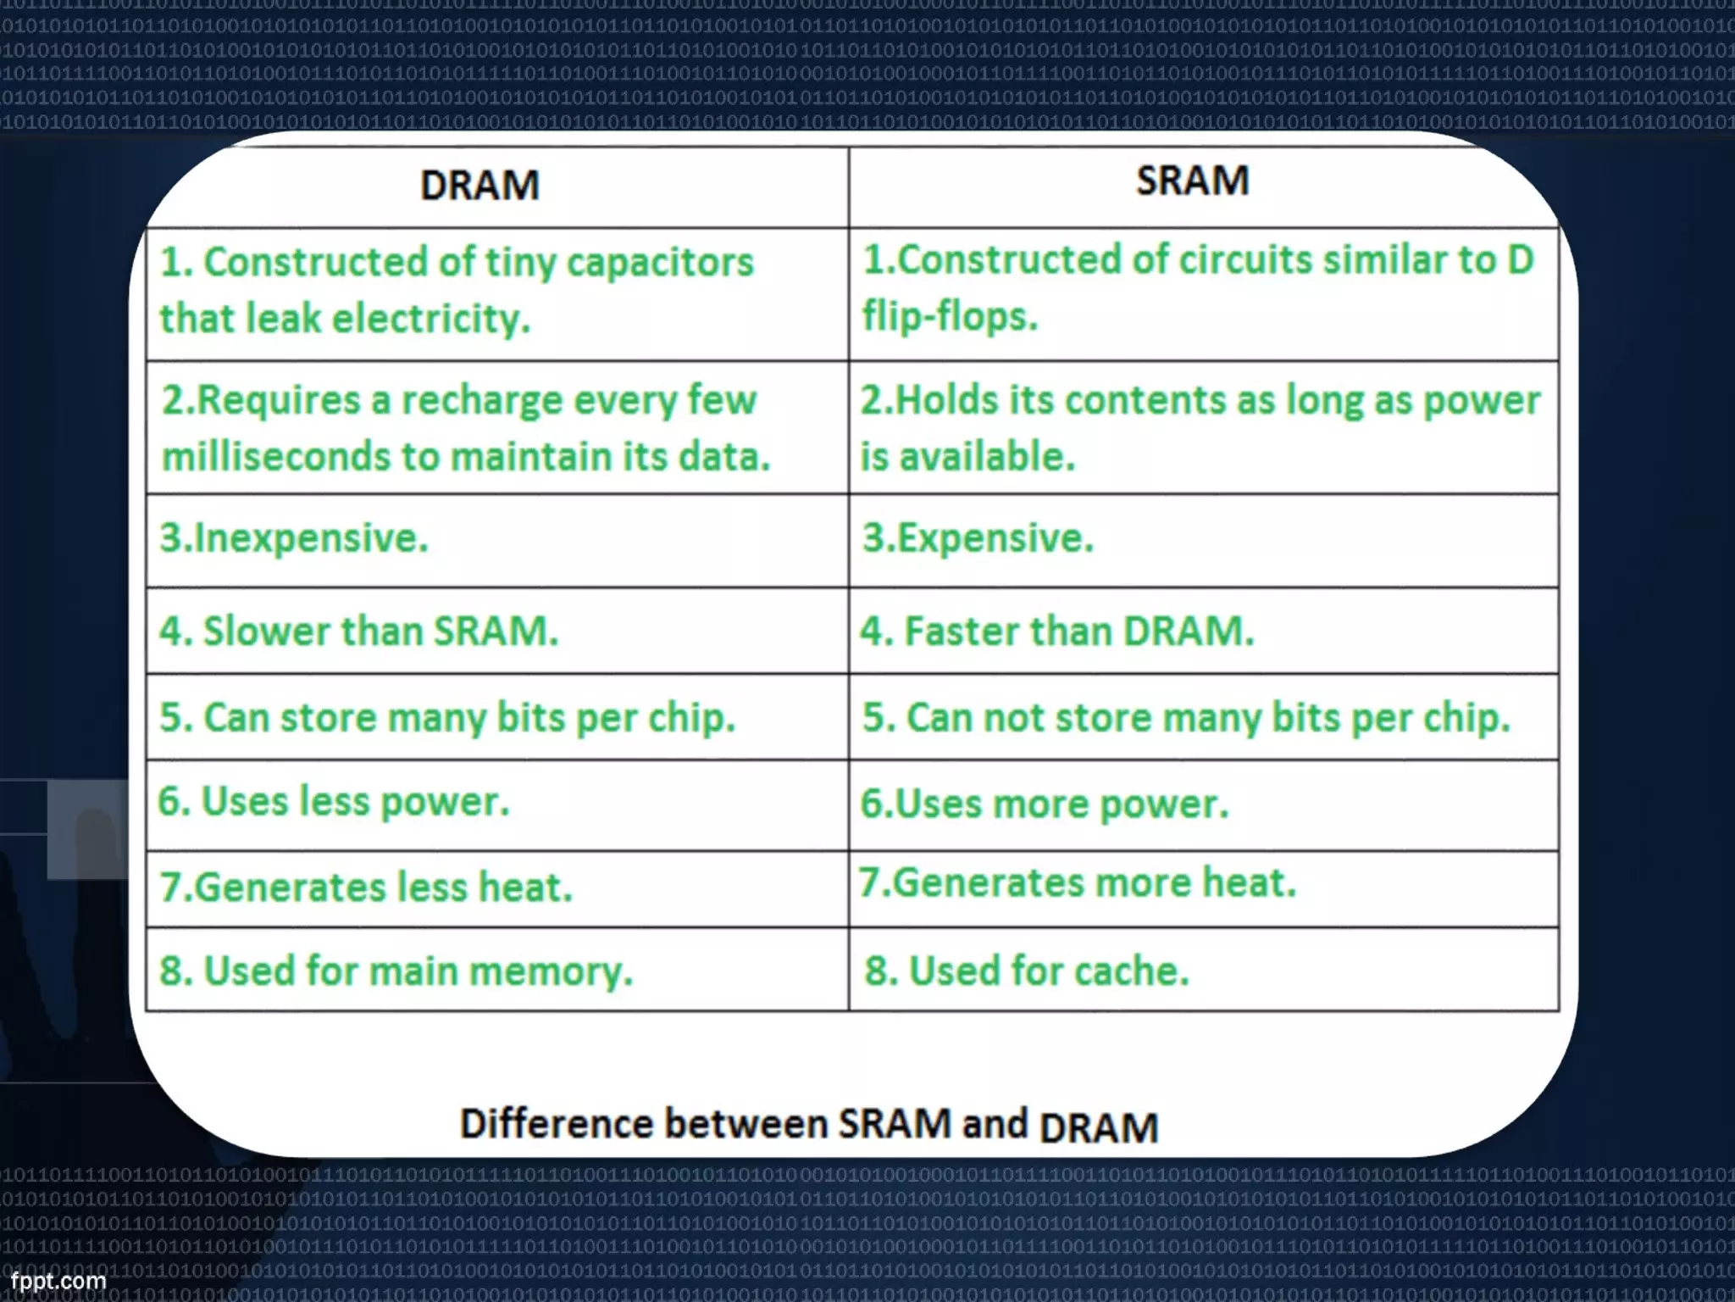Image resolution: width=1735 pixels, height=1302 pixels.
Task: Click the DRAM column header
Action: (x=479, y=186)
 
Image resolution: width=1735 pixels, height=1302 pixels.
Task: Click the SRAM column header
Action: (x=1192, y=181)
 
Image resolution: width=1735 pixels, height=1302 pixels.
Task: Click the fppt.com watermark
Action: (x=58, y=1280)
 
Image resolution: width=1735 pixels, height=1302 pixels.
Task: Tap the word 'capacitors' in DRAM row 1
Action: (x=659, y=263)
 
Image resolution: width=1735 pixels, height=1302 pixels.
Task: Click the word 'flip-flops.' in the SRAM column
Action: (x=950, y=317)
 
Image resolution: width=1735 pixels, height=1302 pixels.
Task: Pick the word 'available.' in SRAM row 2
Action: (x=987, y=457)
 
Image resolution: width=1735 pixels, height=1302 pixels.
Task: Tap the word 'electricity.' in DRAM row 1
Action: (x=430, y=320)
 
